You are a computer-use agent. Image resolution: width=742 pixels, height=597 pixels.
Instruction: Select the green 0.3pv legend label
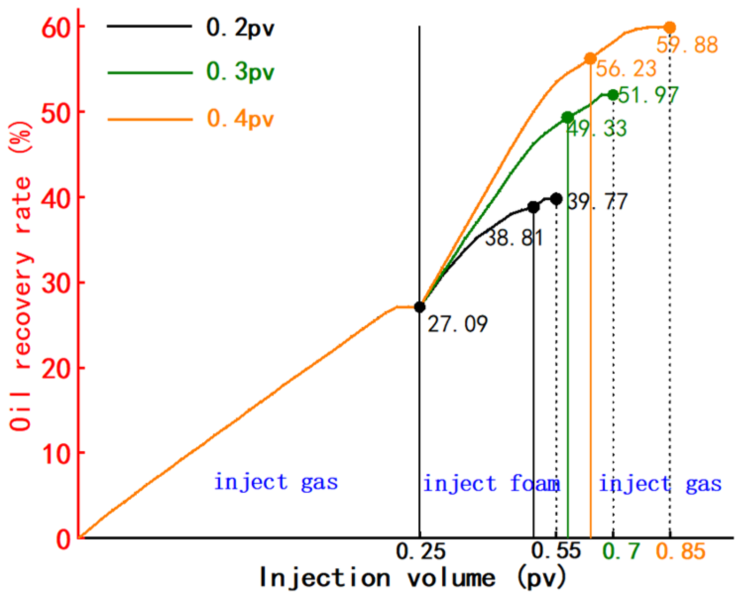click(240, 72)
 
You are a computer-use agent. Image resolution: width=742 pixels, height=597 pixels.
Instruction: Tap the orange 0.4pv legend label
click(240, 119)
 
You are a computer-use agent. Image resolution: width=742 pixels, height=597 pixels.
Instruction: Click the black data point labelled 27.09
click(420, 307)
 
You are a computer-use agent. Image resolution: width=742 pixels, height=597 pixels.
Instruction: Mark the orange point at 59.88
click(670, 27)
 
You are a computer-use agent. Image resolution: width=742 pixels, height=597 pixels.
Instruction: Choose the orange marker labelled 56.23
click(590, 59)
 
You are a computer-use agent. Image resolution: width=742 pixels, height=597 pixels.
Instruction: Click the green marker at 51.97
click(613, 95)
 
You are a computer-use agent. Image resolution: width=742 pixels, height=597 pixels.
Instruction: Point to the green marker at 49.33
click(568, 118)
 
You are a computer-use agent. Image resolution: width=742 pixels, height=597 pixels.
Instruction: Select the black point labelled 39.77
click(556, 199)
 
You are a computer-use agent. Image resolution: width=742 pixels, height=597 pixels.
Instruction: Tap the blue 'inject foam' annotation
click(491, 483)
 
